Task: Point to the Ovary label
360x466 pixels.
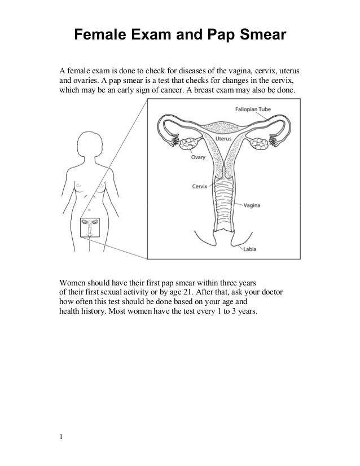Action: [196, 158]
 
